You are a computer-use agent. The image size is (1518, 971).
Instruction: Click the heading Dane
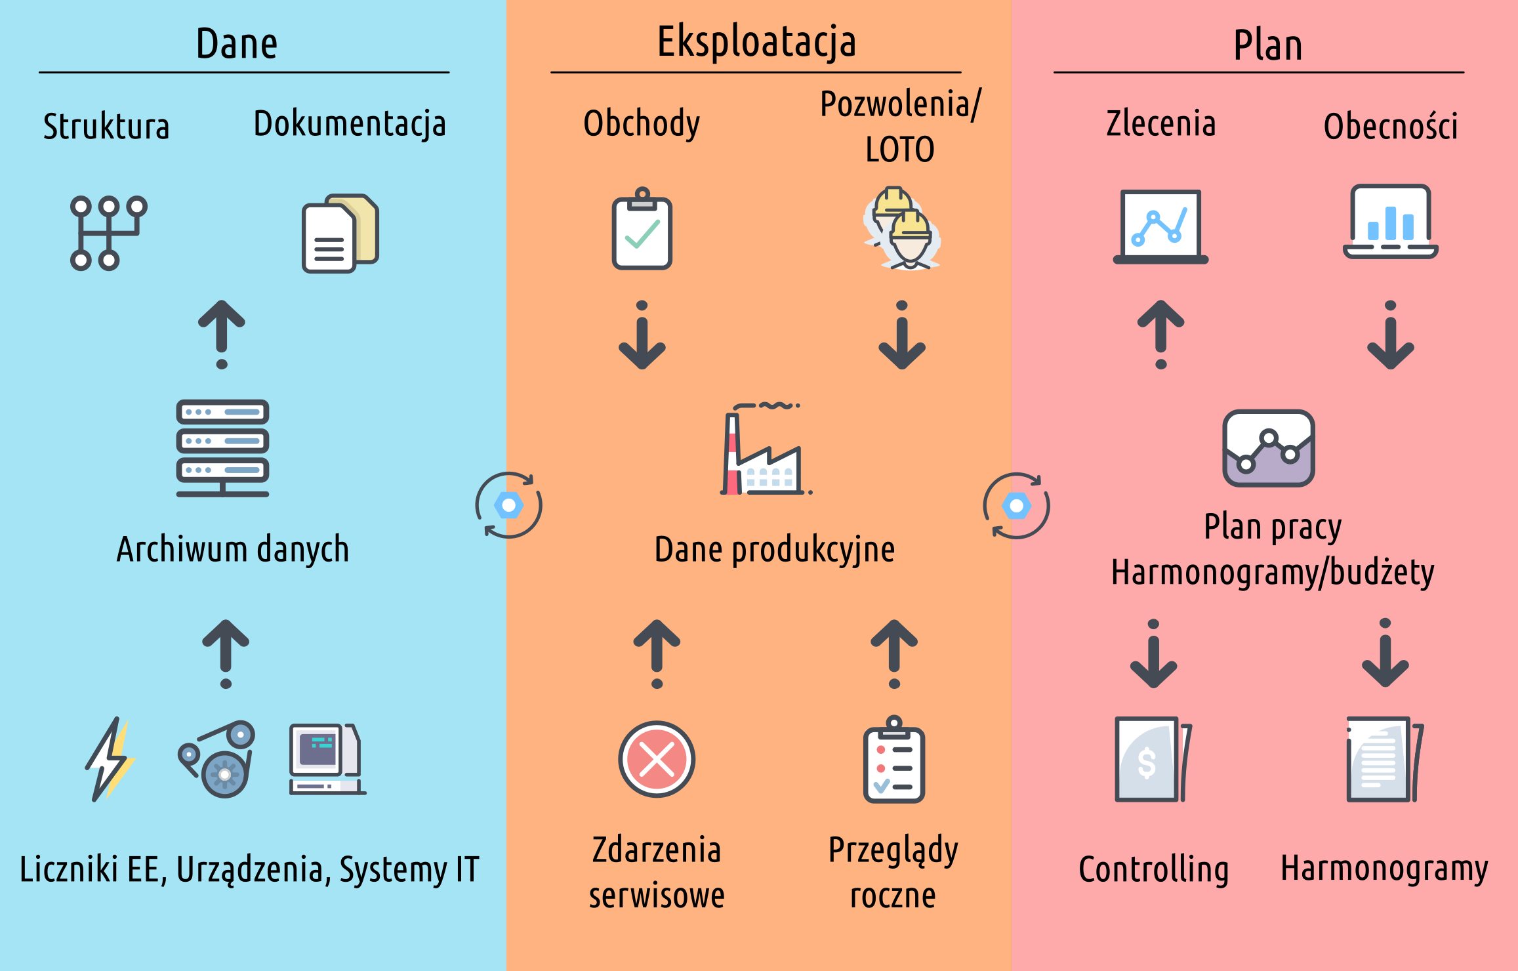[x=237, y=44]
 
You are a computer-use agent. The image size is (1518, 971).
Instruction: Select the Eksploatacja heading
[x=756, y=42]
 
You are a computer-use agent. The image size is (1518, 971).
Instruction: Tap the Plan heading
[x=1267, y=45]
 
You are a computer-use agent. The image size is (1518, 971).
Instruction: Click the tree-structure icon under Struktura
[x=108, y=233]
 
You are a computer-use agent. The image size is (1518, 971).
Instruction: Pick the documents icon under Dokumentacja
[x=340, y=233]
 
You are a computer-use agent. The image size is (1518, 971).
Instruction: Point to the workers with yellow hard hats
[x=902, y=229]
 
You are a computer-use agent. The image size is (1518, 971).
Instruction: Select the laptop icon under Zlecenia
[x=1160, y=227]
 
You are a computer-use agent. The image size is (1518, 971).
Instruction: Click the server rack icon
[x=222, y=448]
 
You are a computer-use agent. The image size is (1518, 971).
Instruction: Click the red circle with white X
[x=657, y=759]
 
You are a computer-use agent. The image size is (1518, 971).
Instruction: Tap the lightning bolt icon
[x=110, y=759]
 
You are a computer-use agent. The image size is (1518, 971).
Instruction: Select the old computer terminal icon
[x=327, y=759]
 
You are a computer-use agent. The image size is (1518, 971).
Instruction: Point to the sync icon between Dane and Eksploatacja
[x=508, y=505]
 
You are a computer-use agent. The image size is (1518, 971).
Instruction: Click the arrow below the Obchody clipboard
[x=642, y=335]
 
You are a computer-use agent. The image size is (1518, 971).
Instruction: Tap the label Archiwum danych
[x=232, y=550]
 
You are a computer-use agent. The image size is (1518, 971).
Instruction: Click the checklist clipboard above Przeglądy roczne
[x=893, y=760]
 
